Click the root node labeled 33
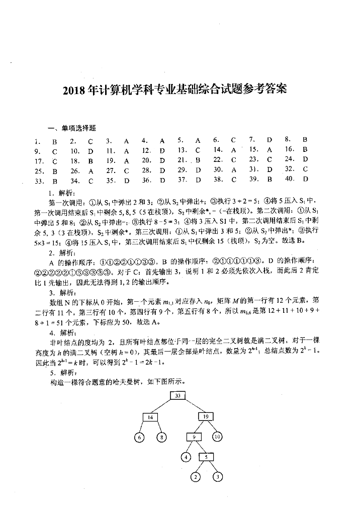pyautogui.click(x=178, y=396)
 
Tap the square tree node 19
pyautogui.click(x=206, y=417)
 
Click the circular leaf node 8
pyautogui.click(x=161, y=437)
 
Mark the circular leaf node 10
pyautogui.click(x=217, y=437)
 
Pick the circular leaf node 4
pyautogui.click(x=187, y=457)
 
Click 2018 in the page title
pyautogui.click(x=74, y=91)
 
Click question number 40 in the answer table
pyautogui.click(x=289, y=179)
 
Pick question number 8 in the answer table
pyautogui.click(x=288, y=139)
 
